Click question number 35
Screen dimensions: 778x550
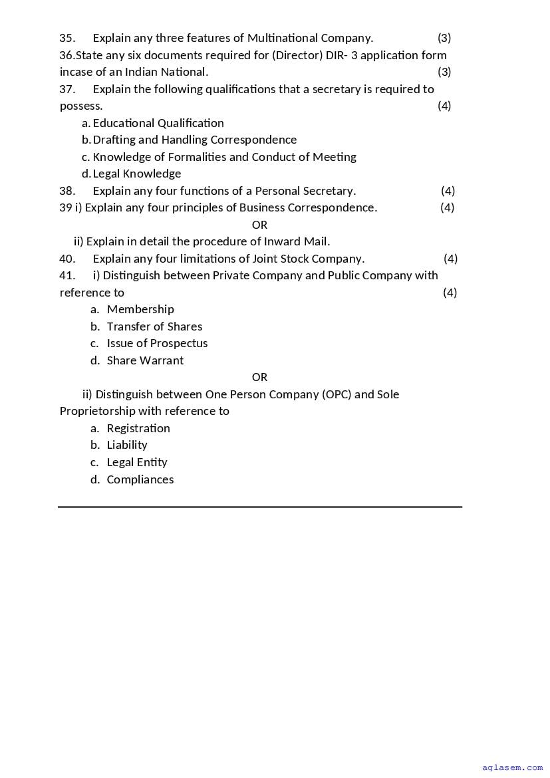coord(67,38)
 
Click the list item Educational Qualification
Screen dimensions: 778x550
coord(158,123)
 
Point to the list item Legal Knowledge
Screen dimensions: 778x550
coord(137,174)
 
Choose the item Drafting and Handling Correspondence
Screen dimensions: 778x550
coord(195,140)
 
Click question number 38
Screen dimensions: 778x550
coord(67,191)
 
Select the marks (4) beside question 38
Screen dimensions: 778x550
coord(448,191)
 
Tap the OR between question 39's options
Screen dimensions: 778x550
coord(259,225)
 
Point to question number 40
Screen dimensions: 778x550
coord(67,259)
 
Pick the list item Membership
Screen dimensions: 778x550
coord(140,309)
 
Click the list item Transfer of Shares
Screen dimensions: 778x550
coord(154,326)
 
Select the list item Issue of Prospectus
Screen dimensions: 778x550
coord(157,343)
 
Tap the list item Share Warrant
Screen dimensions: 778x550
coord(145,360)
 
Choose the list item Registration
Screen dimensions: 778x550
coord(138,428)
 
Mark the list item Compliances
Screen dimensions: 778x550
coord(140,479)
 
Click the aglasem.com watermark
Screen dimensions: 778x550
coord(512,767)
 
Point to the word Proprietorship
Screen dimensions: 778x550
coord(97,411)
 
